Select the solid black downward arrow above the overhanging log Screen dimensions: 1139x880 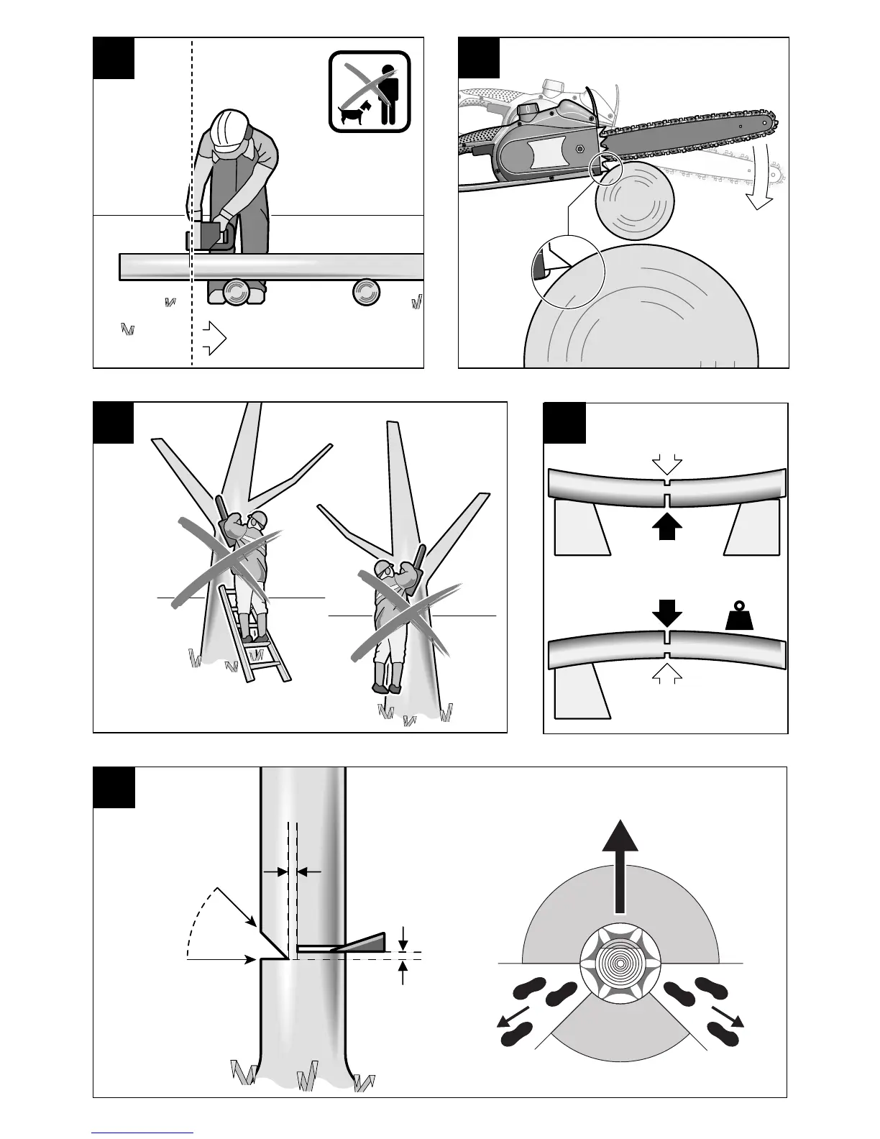tap(668, 612)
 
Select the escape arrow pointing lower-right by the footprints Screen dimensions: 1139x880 tap(727, 1017)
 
